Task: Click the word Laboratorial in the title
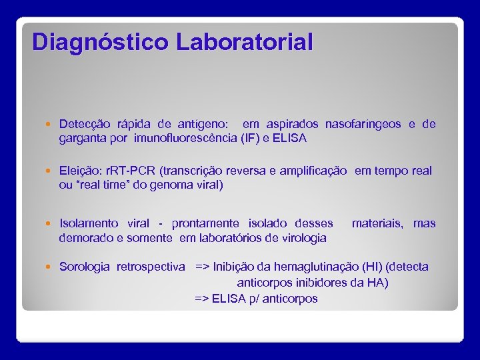pyautogui.click(x=245, y=42)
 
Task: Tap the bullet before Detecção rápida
pyautogui.click(x=51, y=125)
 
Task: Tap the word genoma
pyautogui.click(x=162, y=185)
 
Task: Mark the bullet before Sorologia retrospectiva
pyautogui.click(x=51, y=267)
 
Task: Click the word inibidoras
pyautogui.click(x=323, y=283)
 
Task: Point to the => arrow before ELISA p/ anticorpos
pyautogui.click(x=201, y=299)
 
